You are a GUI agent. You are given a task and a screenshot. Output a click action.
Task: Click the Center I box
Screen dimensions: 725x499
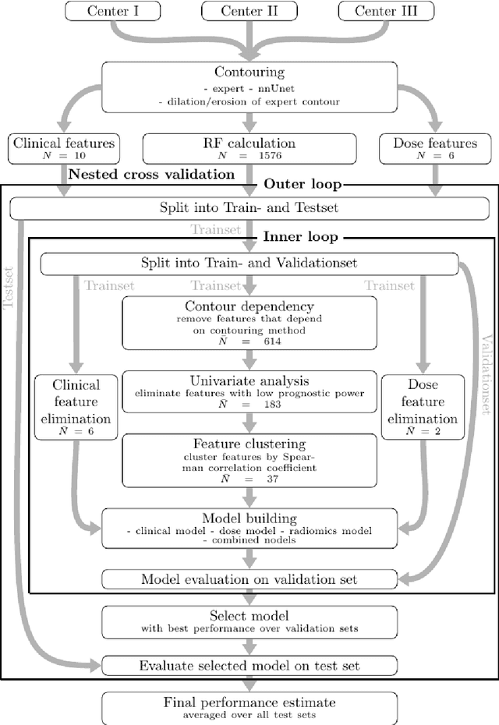point(114,11)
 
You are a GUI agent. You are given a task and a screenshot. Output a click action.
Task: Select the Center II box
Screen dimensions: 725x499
point(249,11)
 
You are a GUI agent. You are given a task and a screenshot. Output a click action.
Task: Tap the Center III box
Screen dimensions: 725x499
point(385,11)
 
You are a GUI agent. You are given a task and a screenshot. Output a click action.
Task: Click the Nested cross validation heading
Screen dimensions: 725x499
point(152,175)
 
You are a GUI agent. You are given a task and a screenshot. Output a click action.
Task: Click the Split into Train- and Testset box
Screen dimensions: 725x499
point(249,207)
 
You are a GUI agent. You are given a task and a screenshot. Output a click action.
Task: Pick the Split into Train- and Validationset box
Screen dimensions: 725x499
point(249,263)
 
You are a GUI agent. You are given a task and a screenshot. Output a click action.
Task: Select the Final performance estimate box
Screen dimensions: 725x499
point(249,706)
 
